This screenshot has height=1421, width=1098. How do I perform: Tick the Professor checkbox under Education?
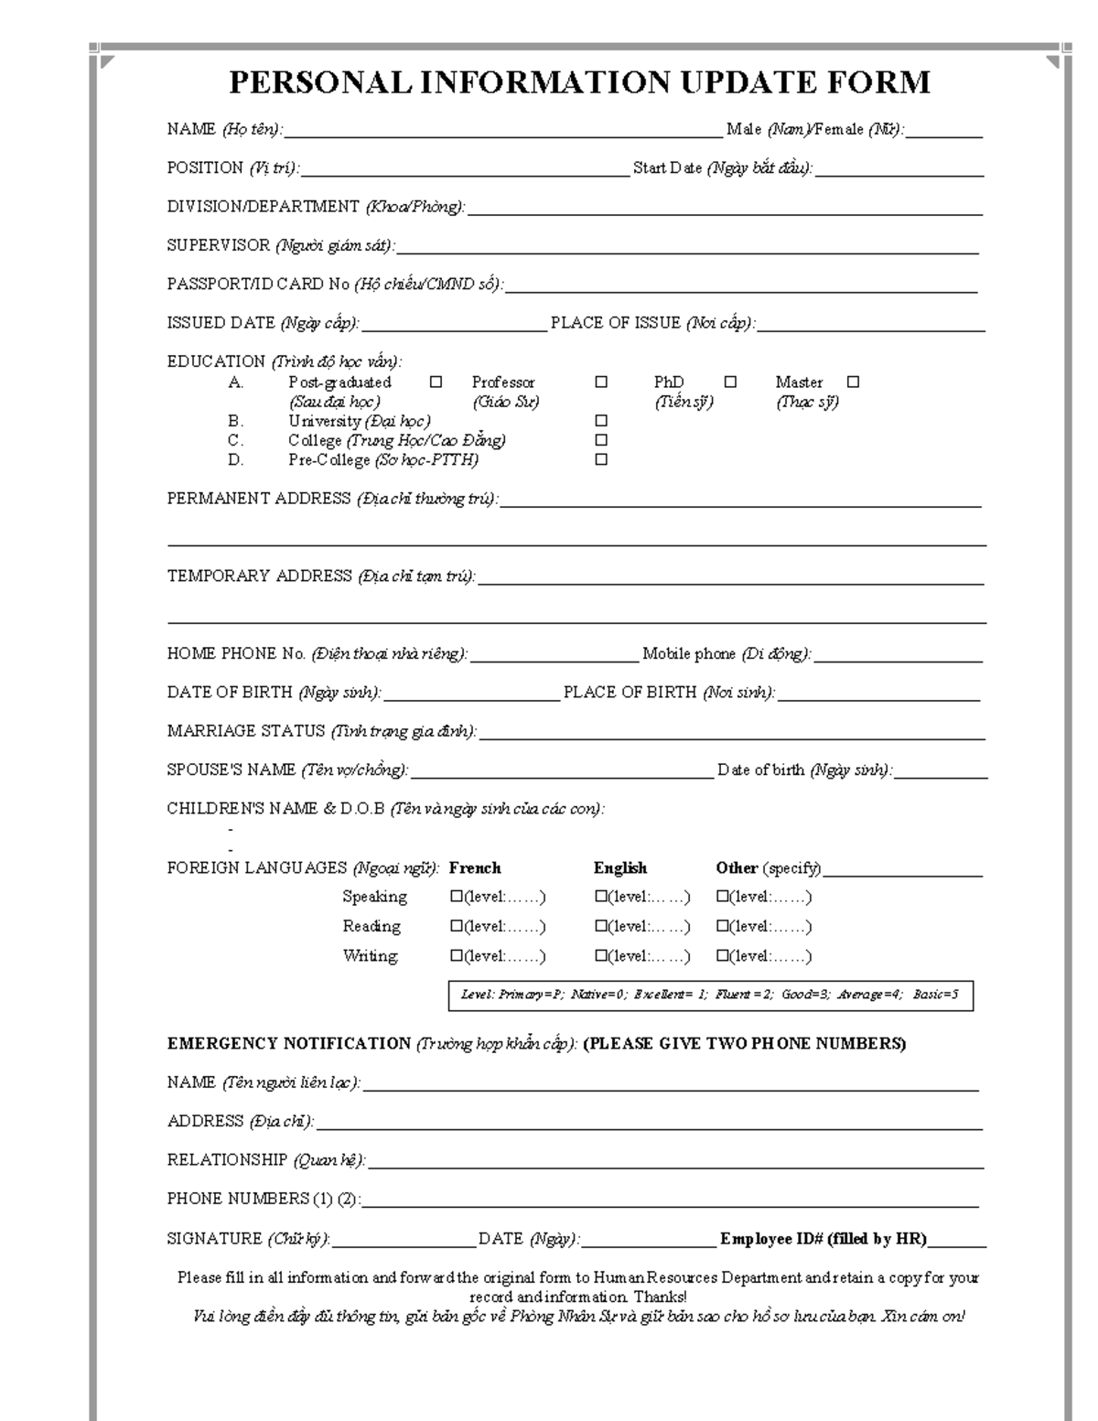601,382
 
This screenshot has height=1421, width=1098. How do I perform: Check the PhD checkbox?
730,382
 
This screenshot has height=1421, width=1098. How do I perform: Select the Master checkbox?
853,382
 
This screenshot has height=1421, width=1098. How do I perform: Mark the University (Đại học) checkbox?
601,421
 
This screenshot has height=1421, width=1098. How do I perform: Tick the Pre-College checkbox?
601,459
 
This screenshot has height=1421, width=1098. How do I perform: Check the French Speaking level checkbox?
456,897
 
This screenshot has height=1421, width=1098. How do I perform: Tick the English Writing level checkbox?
601,956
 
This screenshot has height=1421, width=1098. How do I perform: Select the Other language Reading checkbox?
722,926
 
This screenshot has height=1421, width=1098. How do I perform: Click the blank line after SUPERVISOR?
686,251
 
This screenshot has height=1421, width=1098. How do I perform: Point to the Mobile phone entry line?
899,659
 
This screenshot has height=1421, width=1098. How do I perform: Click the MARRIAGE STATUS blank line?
732,737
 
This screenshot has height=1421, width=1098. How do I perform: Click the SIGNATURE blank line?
404,1244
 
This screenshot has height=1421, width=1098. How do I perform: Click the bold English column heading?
619,867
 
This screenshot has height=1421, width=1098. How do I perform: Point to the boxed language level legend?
710,995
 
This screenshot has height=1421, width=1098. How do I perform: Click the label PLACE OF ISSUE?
615,323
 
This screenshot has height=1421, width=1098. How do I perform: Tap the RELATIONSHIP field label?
227,1160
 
